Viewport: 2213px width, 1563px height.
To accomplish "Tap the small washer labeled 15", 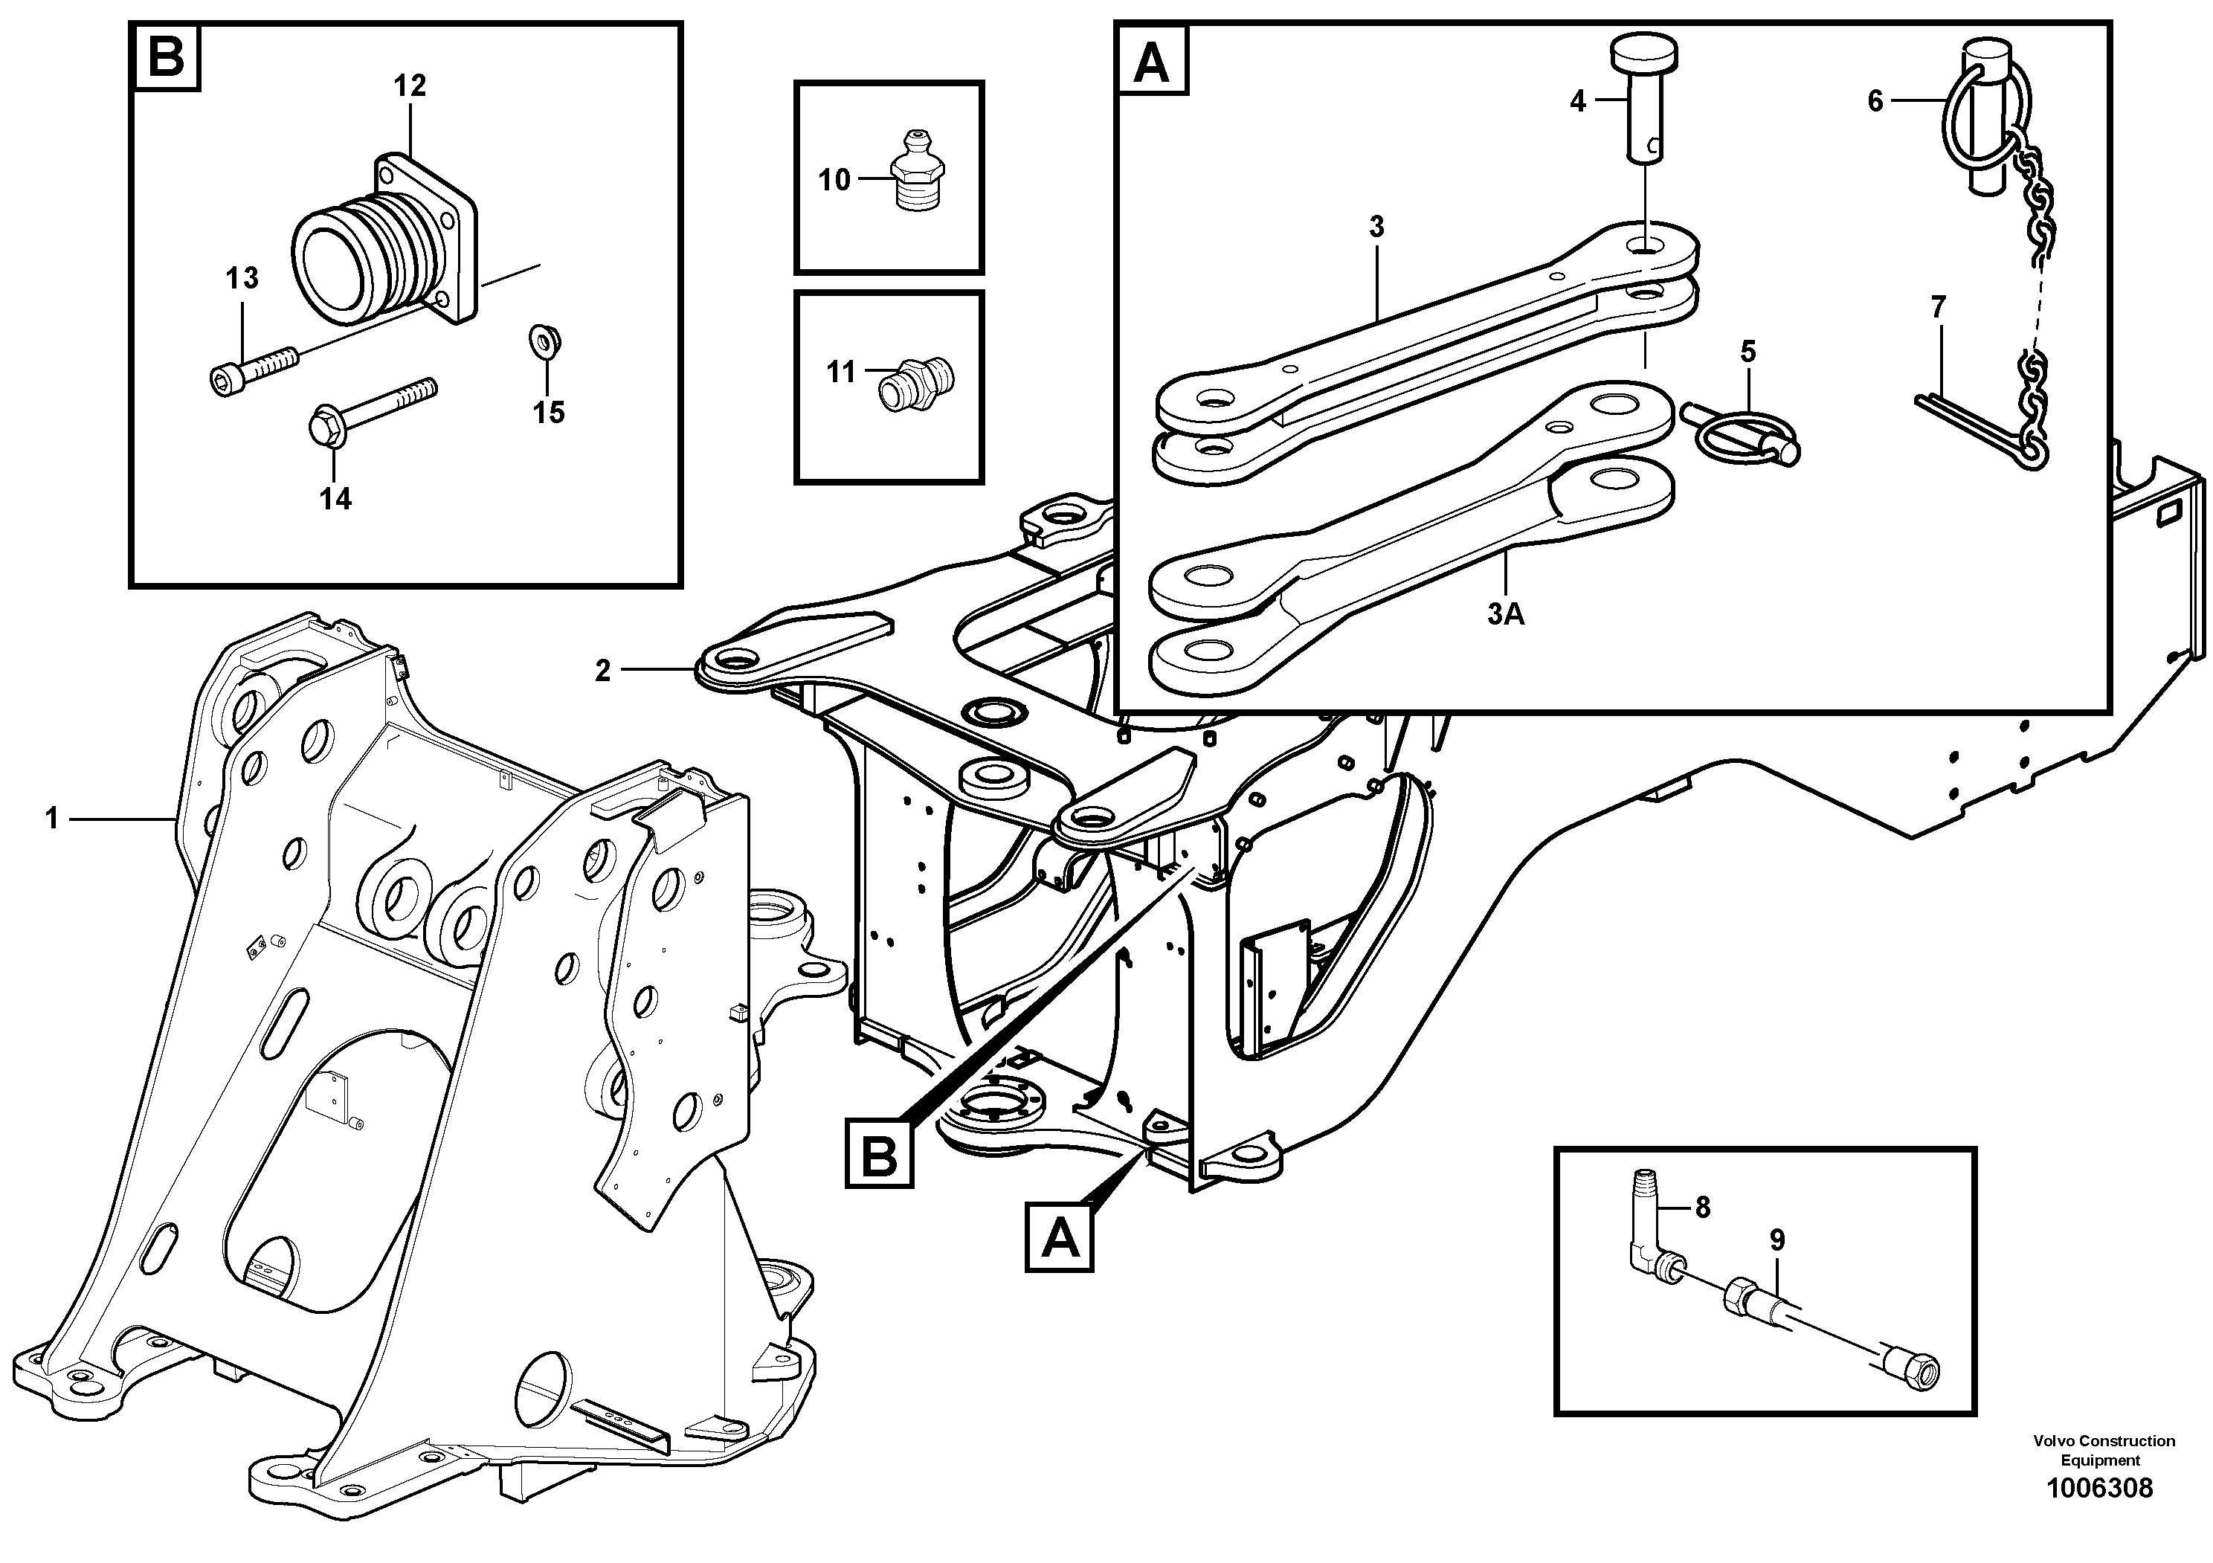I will point(546,342).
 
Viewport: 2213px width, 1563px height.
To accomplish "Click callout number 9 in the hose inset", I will point(1776,1240).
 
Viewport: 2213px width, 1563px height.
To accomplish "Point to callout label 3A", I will point(1506,614).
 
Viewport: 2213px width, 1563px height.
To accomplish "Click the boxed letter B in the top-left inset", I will point(166,59).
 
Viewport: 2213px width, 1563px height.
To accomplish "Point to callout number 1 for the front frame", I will point(52,819).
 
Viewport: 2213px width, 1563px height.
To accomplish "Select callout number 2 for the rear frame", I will point(602,671).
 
